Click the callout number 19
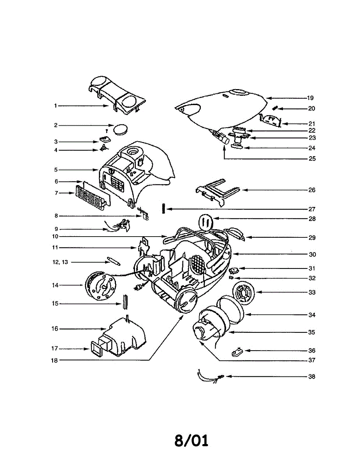tap(310, 98)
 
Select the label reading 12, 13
tap(60, 262)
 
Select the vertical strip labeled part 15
tap(125, 302)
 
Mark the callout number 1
tap(56, 105)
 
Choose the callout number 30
tap(312, 255)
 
